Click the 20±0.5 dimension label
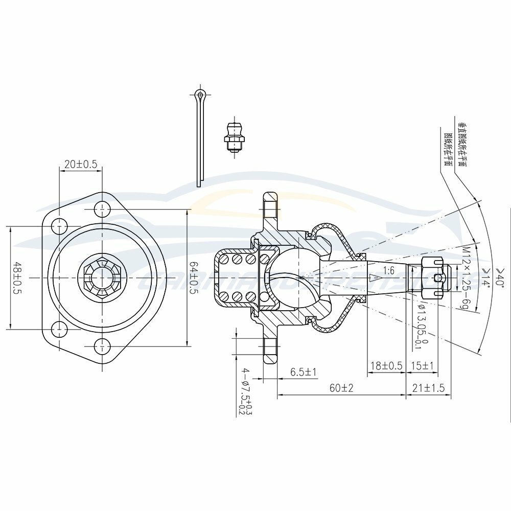(x=81, y=165)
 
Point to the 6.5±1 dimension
(x=304, y=372)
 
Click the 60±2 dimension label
(x=341, y=388)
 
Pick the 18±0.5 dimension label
(x=386, y=366)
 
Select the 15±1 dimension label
(x=422, y=366)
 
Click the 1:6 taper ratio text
(x=389, y=270)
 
